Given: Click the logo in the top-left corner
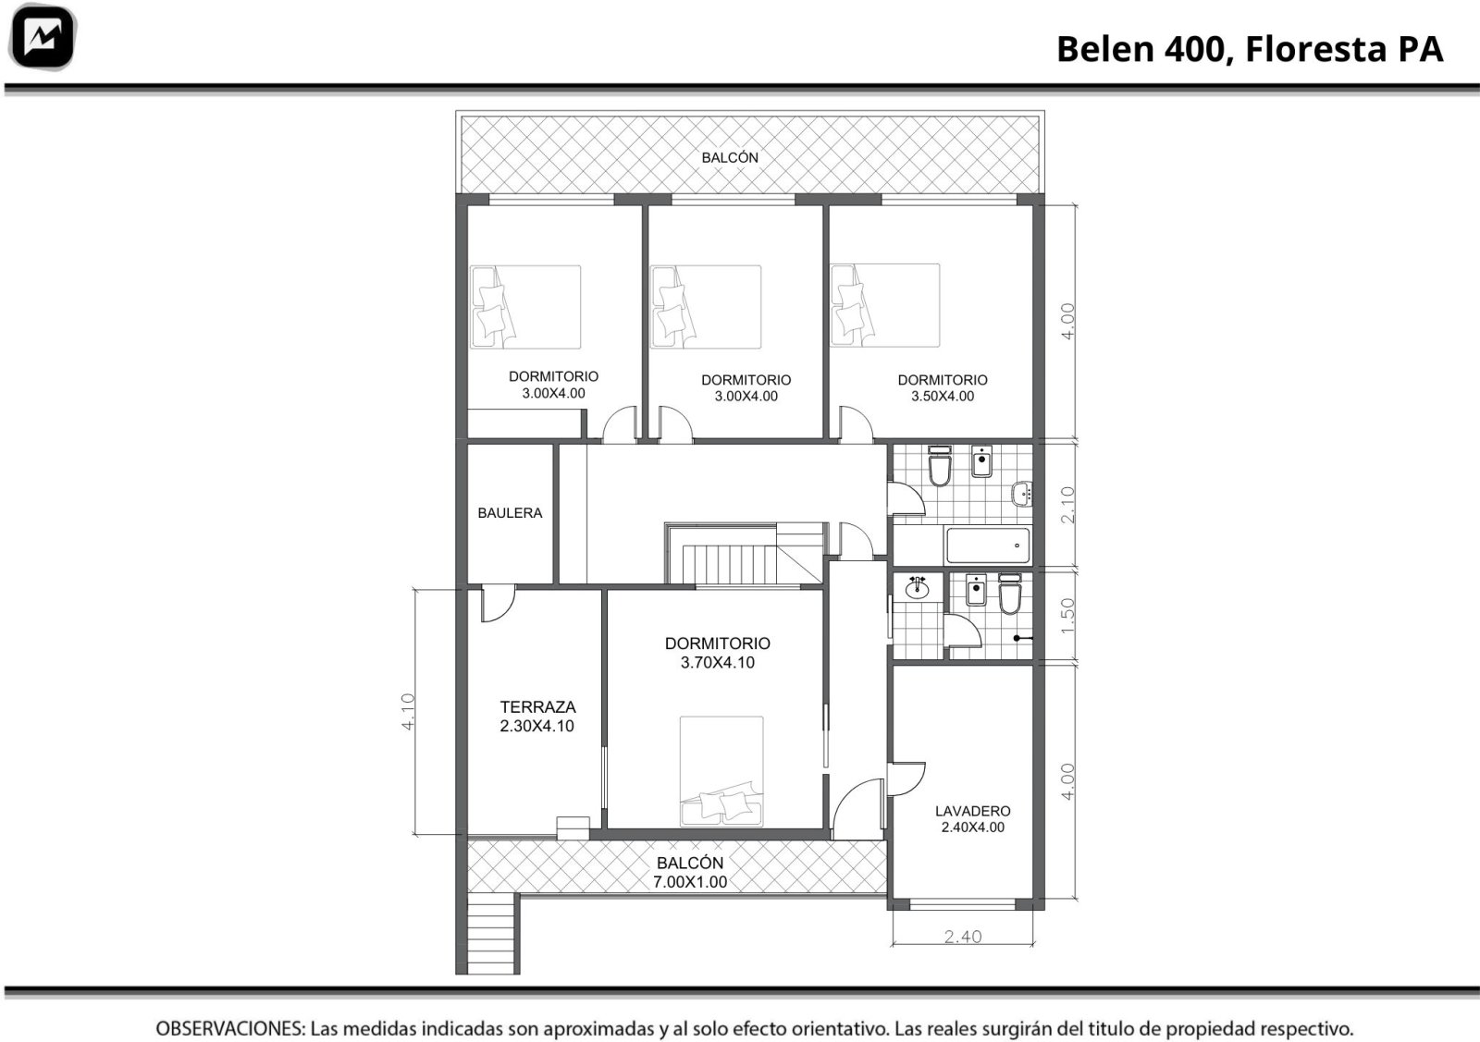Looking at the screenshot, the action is (43, 37).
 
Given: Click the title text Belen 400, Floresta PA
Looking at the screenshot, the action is (1250, 49).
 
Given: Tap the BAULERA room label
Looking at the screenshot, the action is (510, 513).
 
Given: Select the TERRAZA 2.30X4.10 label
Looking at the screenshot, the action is (537, 717).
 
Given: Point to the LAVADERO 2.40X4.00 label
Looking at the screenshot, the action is (972, 819).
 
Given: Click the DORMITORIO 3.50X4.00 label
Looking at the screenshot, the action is (943, 387).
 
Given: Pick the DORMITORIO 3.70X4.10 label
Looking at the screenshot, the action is (718, 653).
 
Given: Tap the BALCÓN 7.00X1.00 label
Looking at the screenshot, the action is (690, 872).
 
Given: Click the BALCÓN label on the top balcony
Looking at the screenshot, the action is (730, 158).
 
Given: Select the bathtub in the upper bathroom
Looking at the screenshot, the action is (988, 545).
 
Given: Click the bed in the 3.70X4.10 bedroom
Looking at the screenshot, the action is (721, 771).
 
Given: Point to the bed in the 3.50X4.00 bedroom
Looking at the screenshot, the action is (884, 305).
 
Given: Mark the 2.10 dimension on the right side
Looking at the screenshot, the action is (1067, 505).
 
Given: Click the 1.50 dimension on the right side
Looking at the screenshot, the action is (1067, 616).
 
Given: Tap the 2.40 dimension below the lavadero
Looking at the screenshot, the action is (963, 937).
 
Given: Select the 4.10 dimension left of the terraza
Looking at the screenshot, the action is (408, 712).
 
